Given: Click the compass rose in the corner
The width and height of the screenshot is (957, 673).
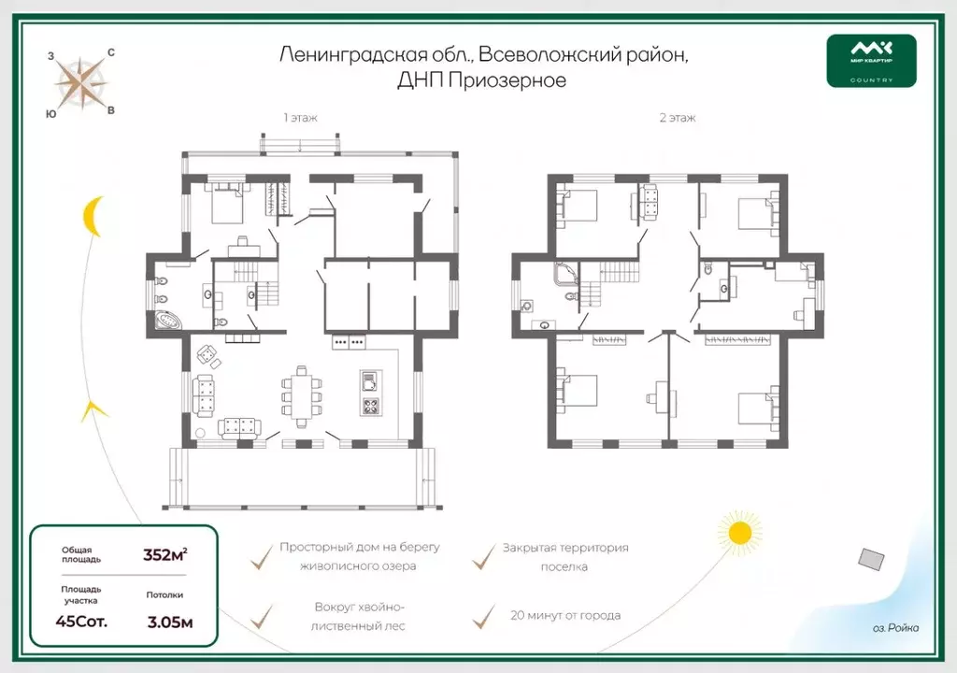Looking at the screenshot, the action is [81, 83].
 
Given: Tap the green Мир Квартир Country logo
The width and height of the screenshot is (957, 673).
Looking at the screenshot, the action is [871, 61].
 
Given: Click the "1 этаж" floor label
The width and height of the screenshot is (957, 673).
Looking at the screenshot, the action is [300, 118].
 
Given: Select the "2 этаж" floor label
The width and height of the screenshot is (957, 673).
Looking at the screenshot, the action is [678, 118].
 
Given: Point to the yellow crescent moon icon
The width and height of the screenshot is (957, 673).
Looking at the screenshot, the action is [92, 216].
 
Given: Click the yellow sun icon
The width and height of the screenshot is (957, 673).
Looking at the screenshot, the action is [740, 533].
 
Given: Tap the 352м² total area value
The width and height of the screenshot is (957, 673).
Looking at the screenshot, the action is [164, 554].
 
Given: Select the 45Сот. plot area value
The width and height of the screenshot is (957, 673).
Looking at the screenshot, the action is [81, 622].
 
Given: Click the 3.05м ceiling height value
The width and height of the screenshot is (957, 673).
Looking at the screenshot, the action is [170, 623].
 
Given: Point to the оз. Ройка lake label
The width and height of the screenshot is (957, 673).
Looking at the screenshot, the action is [895, 628].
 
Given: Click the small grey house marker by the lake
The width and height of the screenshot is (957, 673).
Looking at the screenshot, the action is [872, 559].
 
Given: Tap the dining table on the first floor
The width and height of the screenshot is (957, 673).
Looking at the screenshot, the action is [302, 397].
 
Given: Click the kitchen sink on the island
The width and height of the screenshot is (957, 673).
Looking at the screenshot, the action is [368, 380].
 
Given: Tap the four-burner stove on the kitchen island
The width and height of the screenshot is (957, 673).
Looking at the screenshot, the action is [370, 406].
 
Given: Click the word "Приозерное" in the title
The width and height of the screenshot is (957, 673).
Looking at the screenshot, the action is [507, 80].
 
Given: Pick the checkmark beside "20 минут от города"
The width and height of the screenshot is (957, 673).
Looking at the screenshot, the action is [484, 616].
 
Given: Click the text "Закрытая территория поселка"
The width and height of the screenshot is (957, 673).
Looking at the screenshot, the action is [565, 557].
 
